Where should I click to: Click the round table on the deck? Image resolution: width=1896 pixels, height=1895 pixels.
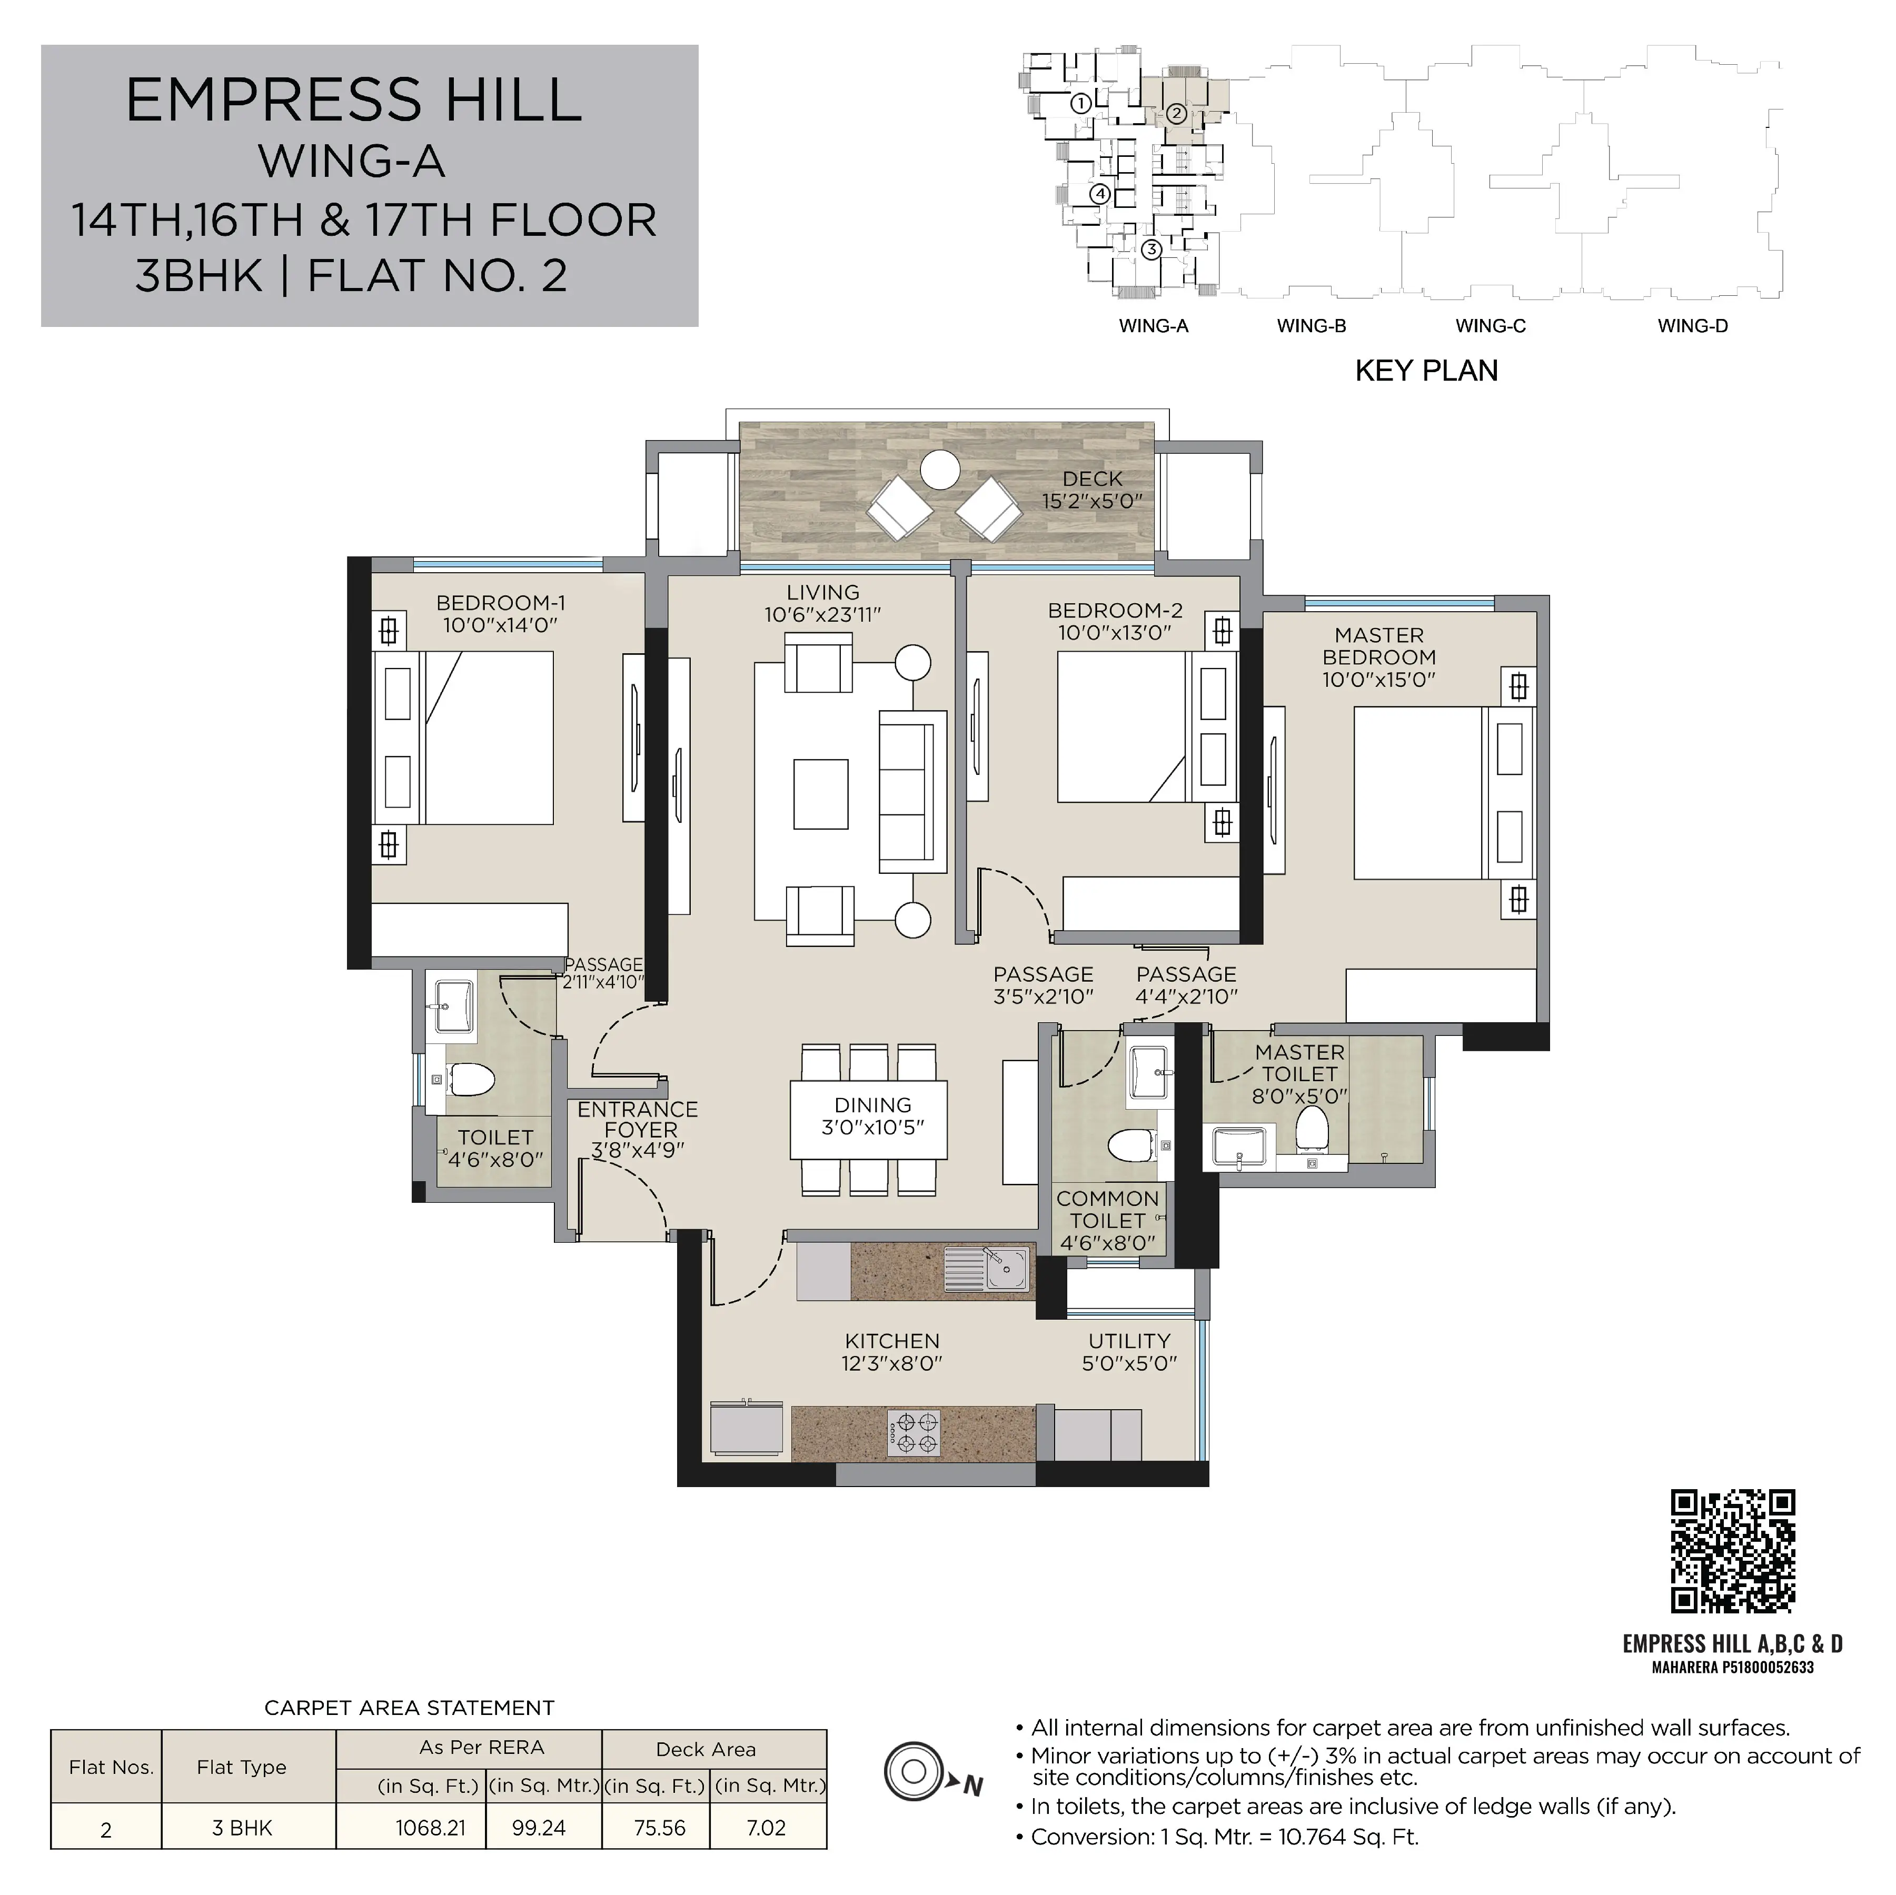coord(941,470)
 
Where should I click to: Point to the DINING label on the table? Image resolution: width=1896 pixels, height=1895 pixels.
coord(872,1105)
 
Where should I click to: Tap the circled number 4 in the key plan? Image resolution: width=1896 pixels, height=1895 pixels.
coord(1100,194)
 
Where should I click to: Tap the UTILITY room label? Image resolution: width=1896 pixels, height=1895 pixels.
coord(1128,1341)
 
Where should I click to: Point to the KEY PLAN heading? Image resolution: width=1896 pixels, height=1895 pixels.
coord(1426,371)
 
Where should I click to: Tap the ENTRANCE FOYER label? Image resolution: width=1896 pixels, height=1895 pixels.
coord(638,1120)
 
